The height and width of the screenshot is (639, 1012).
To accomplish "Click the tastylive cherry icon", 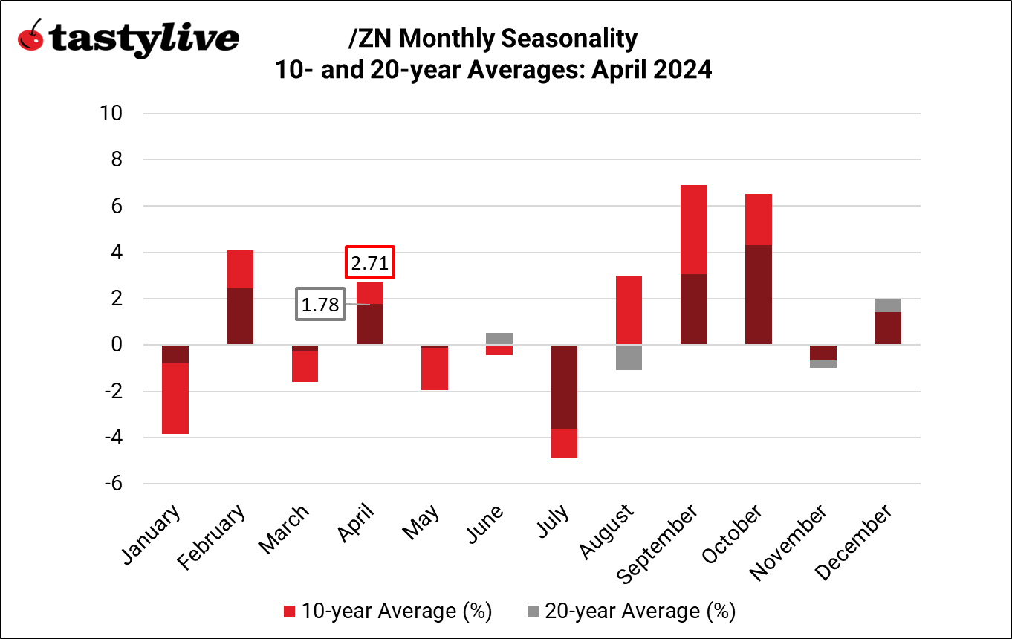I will coord(30,36).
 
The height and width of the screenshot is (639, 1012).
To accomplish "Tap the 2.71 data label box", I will coord(370,262).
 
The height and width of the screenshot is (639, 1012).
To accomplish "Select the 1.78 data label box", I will coord(320,304).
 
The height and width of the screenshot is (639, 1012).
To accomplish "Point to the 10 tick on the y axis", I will coord(114,114).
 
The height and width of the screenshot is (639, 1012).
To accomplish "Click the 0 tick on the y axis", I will coord(117,345).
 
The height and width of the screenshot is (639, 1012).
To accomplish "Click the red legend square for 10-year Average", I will coord(291,612).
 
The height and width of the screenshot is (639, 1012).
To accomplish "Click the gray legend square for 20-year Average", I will coord(533,612).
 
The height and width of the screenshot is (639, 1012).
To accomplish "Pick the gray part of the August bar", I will coord(629,357).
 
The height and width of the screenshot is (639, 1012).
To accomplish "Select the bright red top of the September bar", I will coord(693,230).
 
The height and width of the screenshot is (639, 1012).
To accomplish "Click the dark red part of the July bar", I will coord(564,386).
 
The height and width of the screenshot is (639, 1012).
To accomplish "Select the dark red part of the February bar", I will coord(239,316).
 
